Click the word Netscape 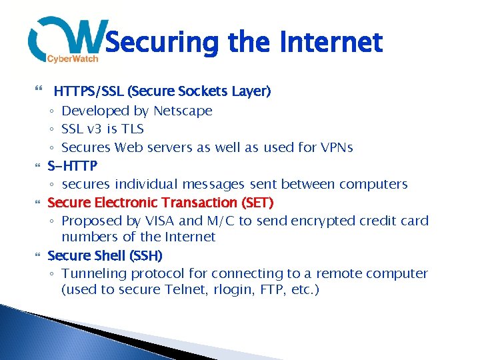click(x=183, y=111)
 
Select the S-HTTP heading click(x=73, y=165)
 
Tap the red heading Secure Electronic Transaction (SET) click(x=161, y=202)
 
